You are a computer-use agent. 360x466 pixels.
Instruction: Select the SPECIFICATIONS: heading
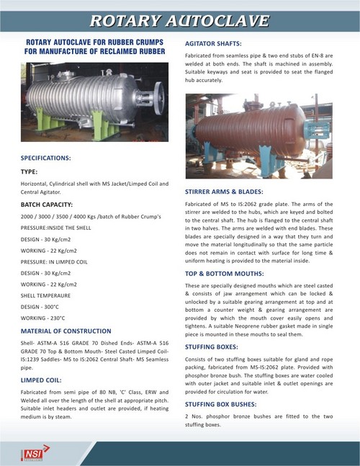[45, 157]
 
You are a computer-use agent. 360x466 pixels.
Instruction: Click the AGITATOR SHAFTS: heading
[214, 45]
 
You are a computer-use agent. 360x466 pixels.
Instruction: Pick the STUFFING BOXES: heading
[214, 349]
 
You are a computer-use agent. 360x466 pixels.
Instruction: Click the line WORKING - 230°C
[45, 317]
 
